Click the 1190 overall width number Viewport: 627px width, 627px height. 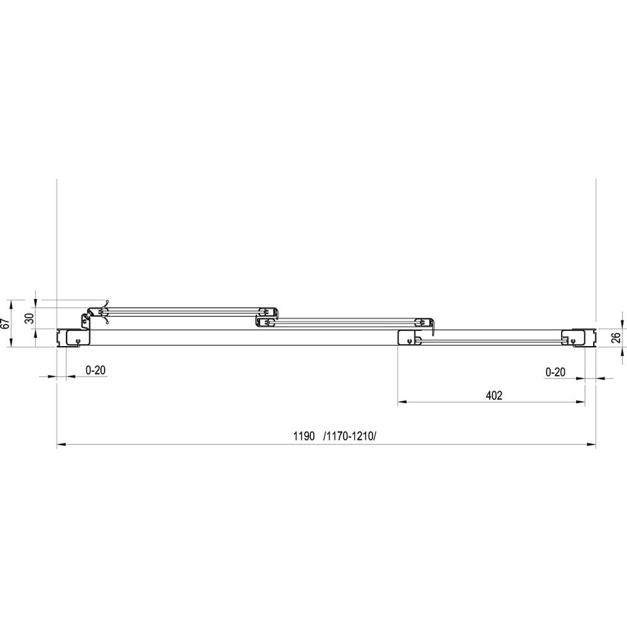pyautogui.click(x=304, y=436)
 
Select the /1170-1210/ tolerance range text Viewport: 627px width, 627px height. pyautogui.click(x=349, y=436)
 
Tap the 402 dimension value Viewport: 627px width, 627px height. pyautogui.click(x=494, y=396)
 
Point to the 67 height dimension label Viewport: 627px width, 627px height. pyautogui.click(x=6, y=324)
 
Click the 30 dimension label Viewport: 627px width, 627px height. pyautogui.click(x=29, y=318)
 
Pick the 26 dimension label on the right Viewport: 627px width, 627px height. pyautogui.click(x=616, y=337)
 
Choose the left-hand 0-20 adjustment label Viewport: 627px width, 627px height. pyautogui.click(x=95, y=371)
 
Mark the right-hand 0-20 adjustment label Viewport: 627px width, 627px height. pyautogui.click(x=556, y=372)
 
